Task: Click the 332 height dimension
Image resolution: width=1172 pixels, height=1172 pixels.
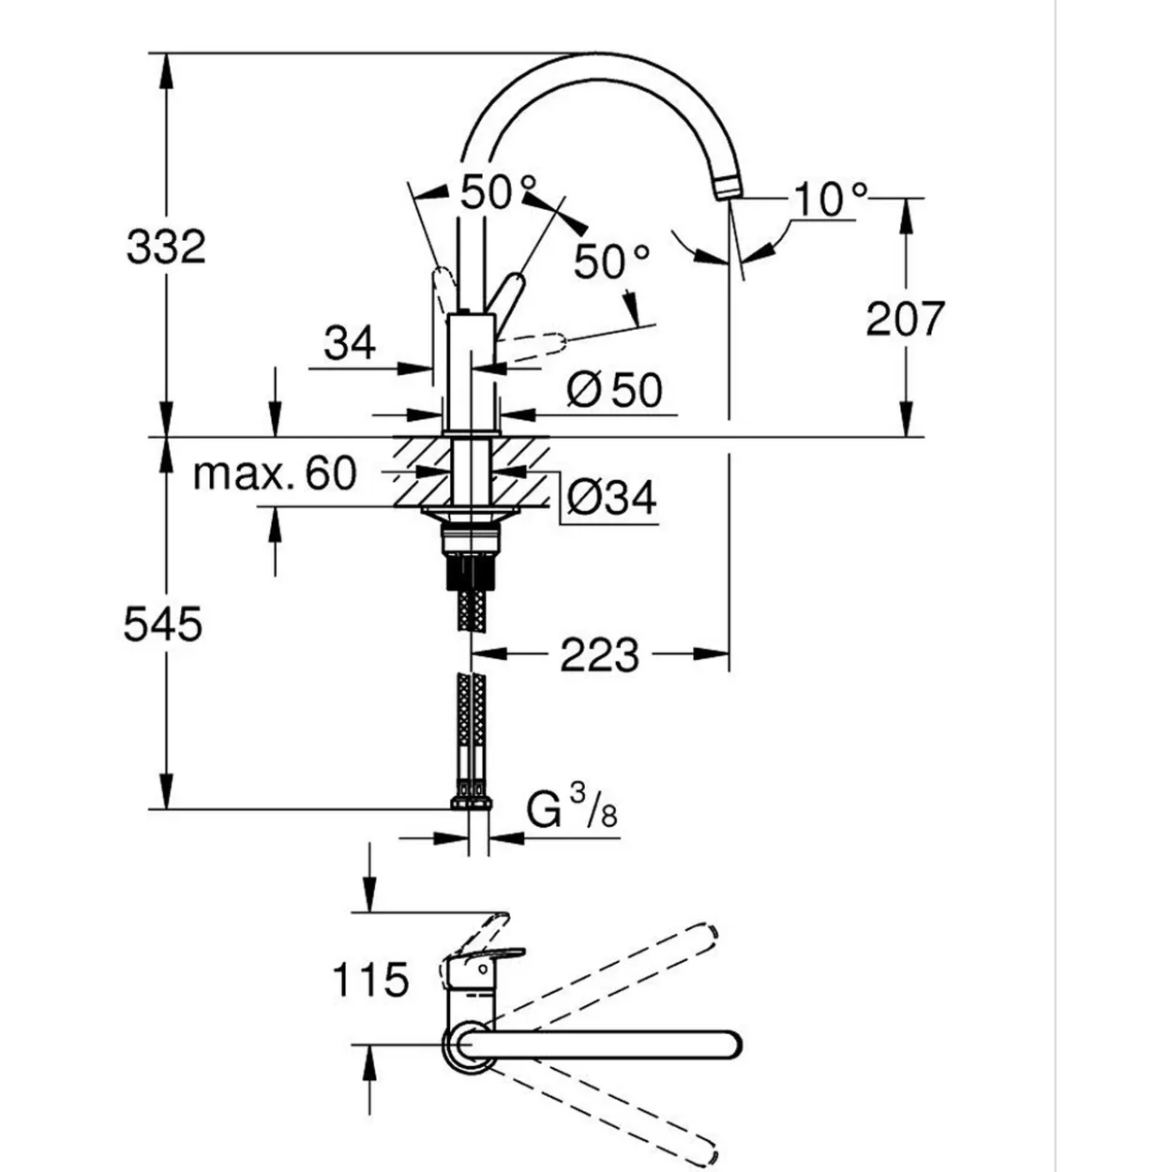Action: [166, 247]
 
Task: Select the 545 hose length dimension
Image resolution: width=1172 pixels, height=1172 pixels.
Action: [162, 624]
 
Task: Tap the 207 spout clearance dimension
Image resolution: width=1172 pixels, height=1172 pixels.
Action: [905, 318]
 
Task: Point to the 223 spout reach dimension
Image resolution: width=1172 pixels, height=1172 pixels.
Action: [599, 654]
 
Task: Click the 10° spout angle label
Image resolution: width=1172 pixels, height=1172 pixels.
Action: [830, 199]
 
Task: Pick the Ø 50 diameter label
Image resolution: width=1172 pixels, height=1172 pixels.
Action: [614, 390]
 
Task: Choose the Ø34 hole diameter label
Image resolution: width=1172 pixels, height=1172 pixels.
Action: [611, 498]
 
